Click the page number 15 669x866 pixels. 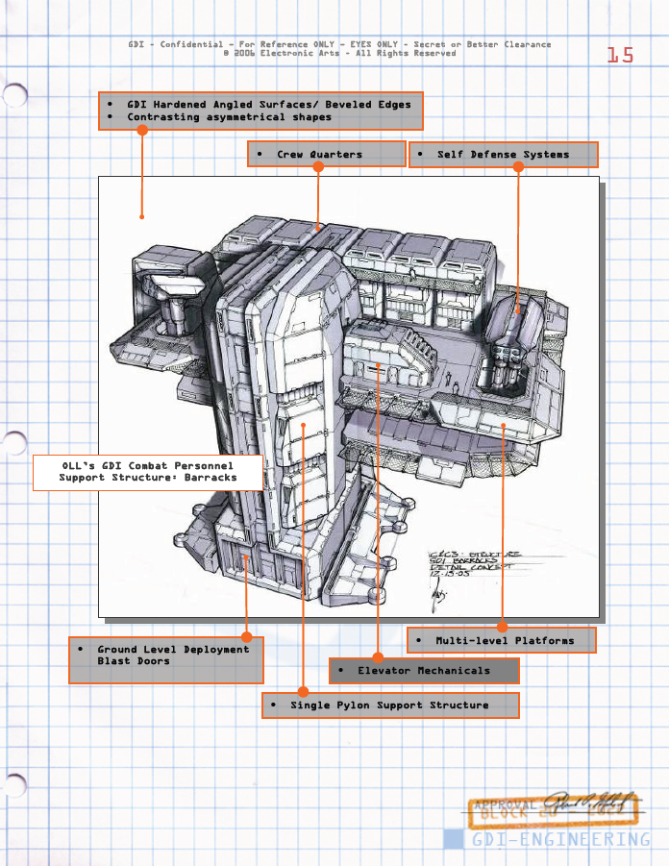click(x=620, y=56)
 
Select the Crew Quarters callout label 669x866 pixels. click(x=326, y=155)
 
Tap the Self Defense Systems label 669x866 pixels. click(x=503, y=155)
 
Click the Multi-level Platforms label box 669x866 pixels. click(x=501, y=640)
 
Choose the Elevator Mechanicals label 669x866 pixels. click(x=424, y=671)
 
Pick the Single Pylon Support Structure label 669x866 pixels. click(x=389, y=705)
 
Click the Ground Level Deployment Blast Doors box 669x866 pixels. click(x=166, y=659)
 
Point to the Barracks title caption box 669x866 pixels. click(x=148, y=472)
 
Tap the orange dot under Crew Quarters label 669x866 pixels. click(x=318, y=167)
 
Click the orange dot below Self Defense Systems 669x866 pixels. click(x=518, y=167)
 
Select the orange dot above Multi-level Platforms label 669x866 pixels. click(x=502, y=628)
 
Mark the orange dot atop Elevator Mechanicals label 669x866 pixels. click(x=379, y=658)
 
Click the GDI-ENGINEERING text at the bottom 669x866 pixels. click(x=560, y=839)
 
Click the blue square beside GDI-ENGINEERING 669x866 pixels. click(x=453, y=839)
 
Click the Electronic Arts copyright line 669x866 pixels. click(x=339, y=54)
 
